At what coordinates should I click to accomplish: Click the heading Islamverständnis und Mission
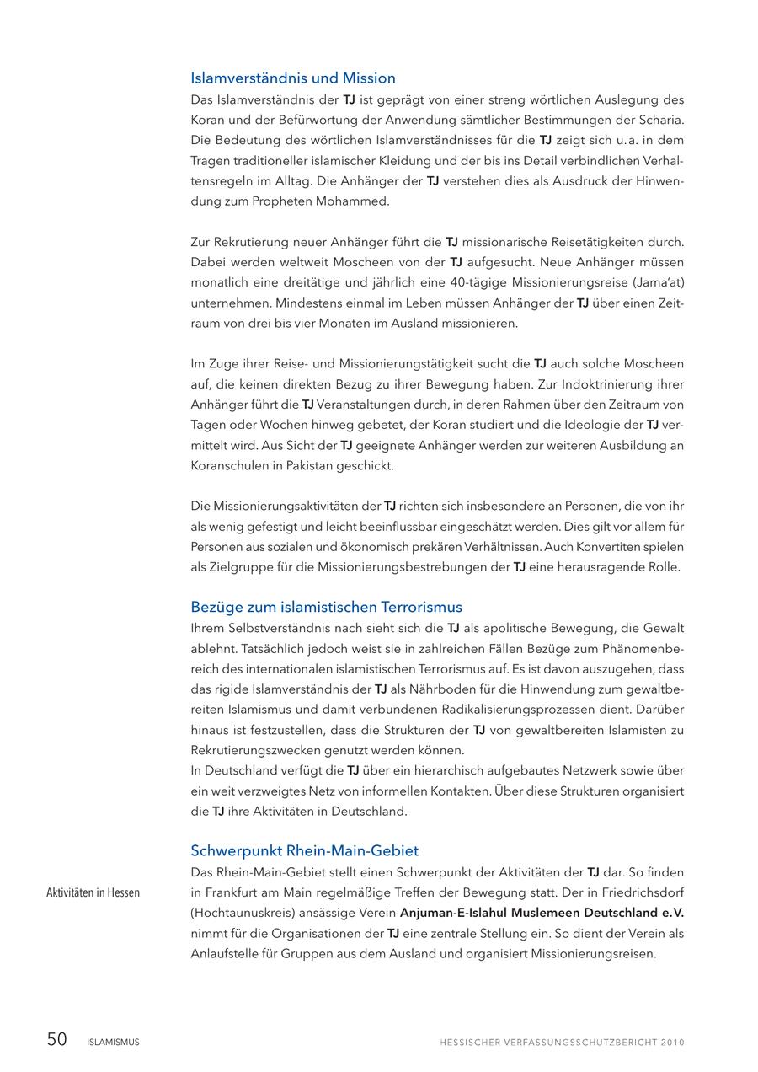click(293, 78)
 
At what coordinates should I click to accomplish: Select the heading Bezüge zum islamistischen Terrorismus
click(326, 607)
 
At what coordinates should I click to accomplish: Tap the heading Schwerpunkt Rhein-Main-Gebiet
click(304, 850)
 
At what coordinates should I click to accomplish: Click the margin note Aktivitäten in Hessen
click(93, 892)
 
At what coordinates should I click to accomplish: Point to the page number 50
click(56, 1040)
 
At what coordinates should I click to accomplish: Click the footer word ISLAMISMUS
click(113, 1042)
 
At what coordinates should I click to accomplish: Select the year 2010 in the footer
click(672, 1042)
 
